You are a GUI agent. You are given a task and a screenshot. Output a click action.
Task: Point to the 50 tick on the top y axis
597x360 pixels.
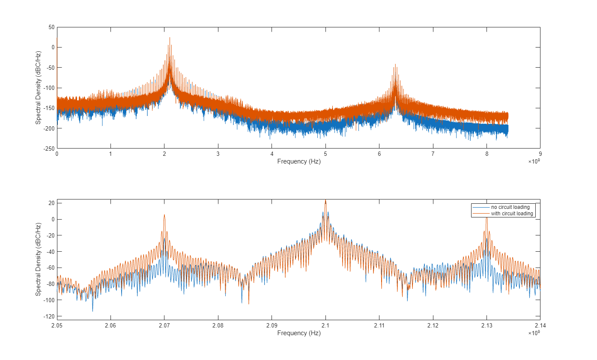click(51, 27)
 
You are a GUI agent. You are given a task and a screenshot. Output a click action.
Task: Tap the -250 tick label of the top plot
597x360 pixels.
click(49, 149)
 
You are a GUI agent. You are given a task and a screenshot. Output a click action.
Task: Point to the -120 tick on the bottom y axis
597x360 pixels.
click(49, 316)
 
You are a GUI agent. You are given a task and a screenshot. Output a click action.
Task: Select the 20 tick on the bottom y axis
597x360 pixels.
click(51, 203)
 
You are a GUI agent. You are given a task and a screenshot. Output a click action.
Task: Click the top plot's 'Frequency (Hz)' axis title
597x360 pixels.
click(298, 161)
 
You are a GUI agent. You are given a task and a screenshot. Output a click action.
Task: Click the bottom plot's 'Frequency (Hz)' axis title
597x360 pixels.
click(298, 333)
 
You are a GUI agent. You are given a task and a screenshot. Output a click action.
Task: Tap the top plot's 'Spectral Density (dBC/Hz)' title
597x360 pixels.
click(38, 88)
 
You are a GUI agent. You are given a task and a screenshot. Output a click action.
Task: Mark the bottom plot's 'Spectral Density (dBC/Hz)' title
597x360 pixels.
click(38, 259)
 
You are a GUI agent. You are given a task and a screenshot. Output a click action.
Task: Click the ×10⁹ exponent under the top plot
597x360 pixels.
click(534, 161)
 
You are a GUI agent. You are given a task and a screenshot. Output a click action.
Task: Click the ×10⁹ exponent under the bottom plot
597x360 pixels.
click(534, 333)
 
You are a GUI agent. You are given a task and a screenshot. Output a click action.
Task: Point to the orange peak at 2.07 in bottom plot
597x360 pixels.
click(164, 215)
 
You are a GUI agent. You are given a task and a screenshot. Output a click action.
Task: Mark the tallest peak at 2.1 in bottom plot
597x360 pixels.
click(325, 200)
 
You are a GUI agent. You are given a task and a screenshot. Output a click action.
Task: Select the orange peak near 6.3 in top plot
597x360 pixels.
click(395, 65)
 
